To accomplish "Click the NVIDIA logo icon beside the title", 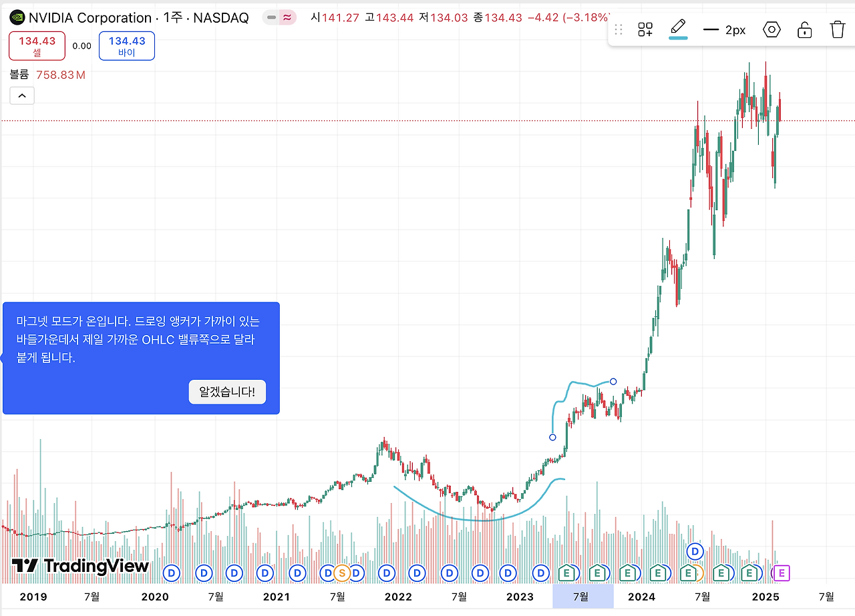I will [x=18, y=18].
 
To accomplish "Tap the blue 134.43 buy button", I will [x=127, y=46].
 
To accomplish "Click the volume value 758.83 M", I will [x=61, y=75].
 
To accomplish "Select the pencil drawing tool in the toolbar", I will [x=678, y=29].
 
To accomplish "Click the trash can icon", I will [x=837, y=29].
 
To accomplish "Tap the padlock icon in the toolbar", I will [x=805, y=29].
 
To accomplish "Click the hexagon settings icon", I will [x=772, y=29].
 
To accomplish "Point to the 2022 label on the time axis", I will [x=398, y=597].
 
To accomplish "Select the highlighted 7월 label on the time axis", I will [x=582, y=597].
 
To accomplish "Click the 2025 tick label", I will [x=765, y=597].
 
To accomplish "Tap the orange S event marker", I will [x=341, y=573].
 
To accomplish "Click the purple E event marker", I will [x=782, y=573].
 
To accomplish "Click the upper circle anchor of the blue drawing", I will [x=613, y=382].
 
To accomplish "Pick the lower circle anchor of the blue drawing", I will [x=552, y=438].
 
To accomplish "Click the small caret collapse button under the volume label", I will [x=22, y=96].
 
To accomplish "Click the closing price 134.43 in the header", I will [x=503, y=17].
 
